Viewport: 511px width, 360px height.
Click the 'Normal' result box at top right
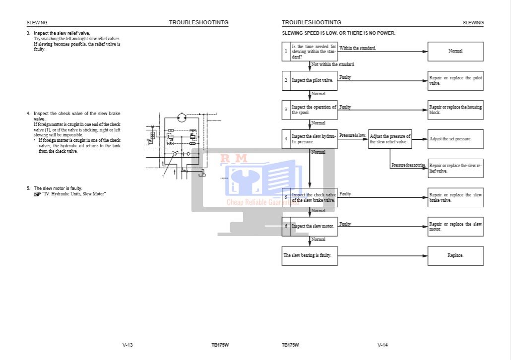coord(455,51)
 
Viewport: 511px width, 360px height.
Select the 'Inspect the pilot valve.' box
coord(313,80)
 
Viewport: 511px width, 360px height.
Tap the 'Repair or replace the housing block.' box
coord(455,110)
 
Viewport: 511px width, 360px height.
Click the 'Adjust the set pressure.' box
coord(455,139)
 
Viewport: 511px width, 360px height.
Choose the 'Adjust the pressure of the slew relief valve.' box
coord(390,139)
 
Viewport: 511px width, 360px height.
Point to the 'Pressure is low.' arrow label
coord(353,135)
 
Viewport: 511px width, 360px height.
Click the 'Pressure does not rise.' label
coord(408,165)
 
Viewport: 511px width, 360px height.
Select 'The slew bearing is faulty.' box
coord(310,255)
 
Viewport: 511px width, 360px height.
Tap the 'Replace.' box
coord(455,255)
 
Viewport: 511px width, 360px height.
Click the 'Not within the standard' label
coord(332,64)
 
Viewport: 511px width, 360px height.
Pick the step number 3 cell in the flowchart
coord(286,110)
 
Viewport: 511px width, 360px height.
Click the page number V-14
coord(383,345)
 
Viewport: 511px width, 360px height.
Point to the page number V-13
coord(128,345)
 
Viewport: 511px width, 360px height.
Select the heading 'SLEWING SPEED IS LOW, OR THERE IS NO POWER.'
coord(338,33)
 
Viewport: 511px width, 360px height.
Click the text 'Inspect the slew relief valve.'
coord(62,33)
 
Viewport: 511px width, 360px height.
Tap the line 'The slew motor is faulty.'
coord(58,188)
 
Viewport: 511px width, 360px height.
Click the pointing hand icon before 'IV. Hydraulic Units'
coord(37,194)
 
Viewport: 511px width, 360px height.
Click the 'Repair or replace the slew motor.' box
coord(455,227)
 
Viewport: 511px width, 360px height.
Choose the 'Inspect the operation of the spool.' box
coord(313,110)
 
